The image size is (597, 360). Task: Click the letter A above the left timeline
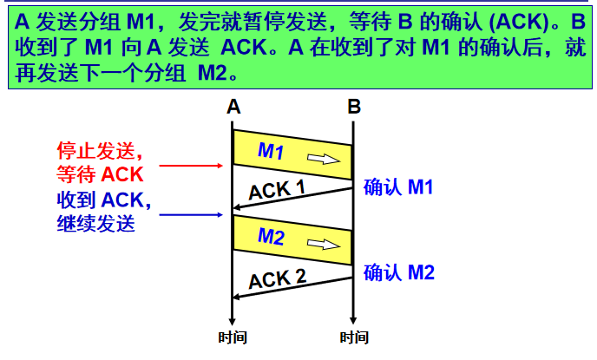233,108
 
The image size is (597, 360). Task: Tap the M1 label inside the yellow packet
272,151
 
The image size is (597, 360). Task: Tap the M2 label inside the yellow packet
272,236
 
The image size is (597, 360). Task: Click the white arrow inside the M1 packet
323,159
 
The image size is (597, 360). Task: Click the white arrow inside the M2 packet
323,245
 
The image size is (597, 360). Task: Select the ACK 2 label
277,279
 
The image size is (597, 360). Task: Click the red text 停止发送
95,149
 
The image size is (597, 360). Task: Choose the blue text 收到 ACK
104,200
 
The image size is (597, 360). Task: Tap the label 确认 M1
398,187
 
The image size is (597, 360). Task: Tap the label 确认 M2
398,272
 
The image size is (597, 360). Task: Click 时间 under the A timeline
232,337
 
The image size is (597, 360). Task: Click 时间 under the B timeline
354,337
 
